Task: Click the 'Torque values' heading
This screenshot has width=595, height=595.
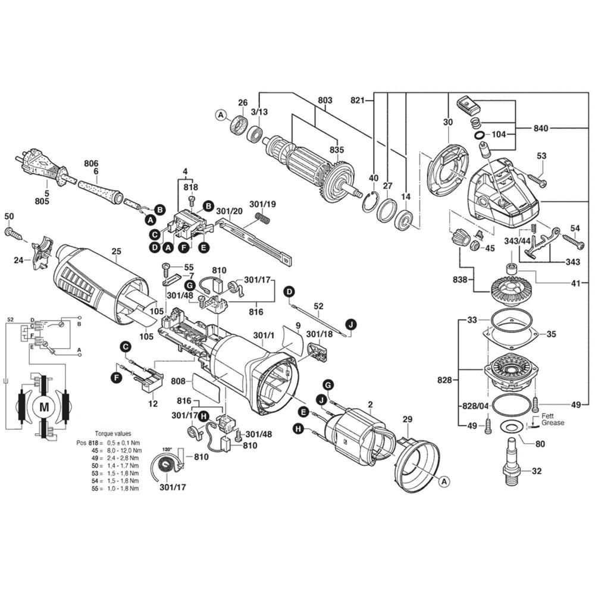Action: pyautogui.click(x=113, y=434)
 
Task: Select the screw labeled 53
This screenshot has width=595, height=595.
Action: pyautogui.click(x=535, y=177)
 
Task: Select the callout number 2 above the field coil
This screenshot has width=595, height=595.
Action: pyautogui.click(x=370, y=405)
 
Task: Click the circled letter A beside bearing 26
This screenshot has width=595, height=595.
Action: pyautogui.click(x=221, y=114)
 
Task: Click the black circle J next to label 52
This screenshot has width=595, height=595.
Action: pyautogui.click(x=350, y=324)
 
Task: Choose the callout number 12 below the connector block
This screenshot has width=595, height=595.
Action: pyautogui.click(x=153, y=403)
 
